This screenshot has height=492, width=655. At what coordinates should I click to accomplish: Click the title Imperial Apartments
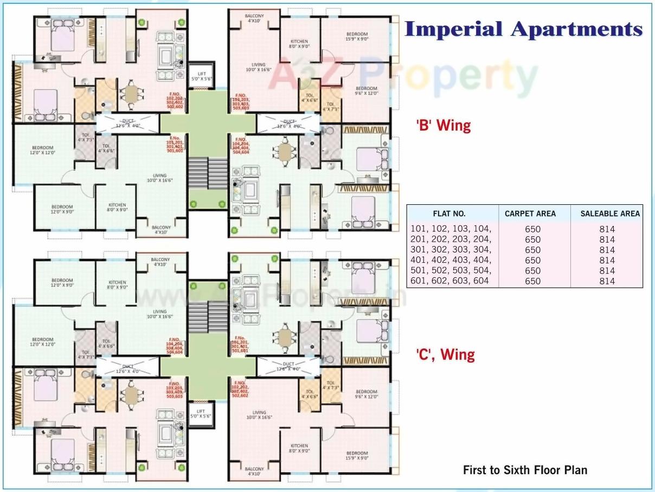point(523,29)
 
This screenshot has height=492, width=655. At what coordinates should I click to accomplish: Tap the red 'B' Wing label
point(443,126)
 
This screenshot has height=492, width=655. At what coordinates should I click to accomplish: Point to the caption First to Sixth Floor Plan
point(525,470)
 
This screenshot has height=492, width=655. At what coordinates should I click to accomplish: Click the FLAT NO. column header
point(449,213)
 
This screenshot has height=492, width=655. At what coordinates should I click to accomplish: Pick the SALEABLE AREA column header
point(610,213)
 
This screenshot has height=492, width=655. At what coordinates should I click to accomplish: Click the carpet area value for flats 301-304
point(532,250)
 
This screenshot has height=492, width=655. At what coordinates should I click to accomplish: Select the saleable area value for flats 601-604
point(607,281)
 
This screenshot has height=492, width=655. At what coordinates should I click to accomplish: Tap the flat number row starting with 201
point(452,239)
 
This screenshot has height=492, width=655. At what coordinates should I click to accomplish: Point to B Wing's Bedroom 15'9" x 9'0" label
point(357,36)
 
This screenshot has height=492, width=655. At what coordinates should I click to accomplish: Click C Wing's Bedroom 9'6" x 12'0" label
point(366,394)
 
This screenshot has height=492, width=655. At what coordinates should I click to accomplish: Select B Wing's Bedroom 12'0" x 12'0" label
point(42,150)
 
